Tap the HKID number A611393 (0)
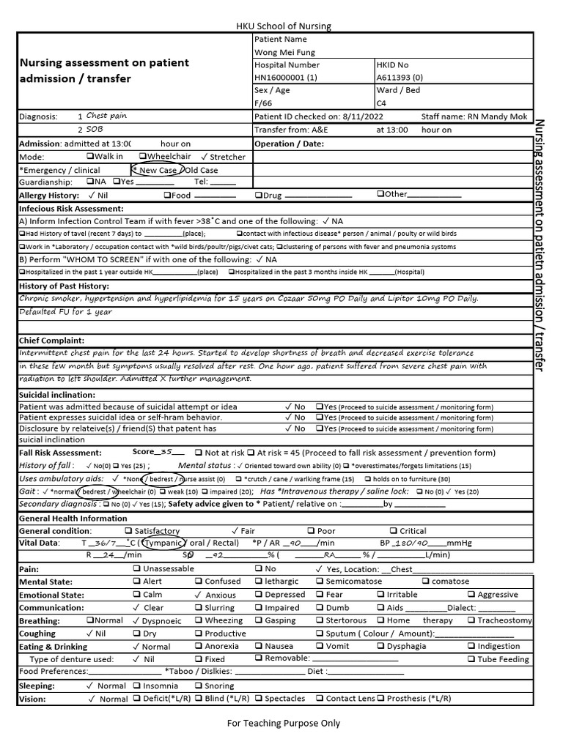pyautogui.click(x=400, y=78)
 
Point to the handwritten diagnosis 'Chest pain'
pyautogui.click(x=106, y=116)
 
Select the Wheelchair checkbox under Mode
pyautogui.click(x=142, y=157)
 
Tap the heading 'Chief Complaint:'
pyautogui.click(x=51, y=341)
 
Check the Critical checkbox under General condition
pyautogui.click(x=394, y=531)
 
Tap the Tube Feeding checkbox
pyautogui.click(x=471, y=659)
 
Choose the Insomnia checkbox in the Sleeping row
pyautogui.click(x=138, y=686)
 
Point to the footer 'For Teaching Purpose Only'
pyautogui.click(x=284, y=724)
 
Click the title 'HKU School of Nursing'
pyautogui.click(x=284, y=26)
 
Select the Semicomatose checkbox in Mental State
pyautogui.click(x=320, y=582)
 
